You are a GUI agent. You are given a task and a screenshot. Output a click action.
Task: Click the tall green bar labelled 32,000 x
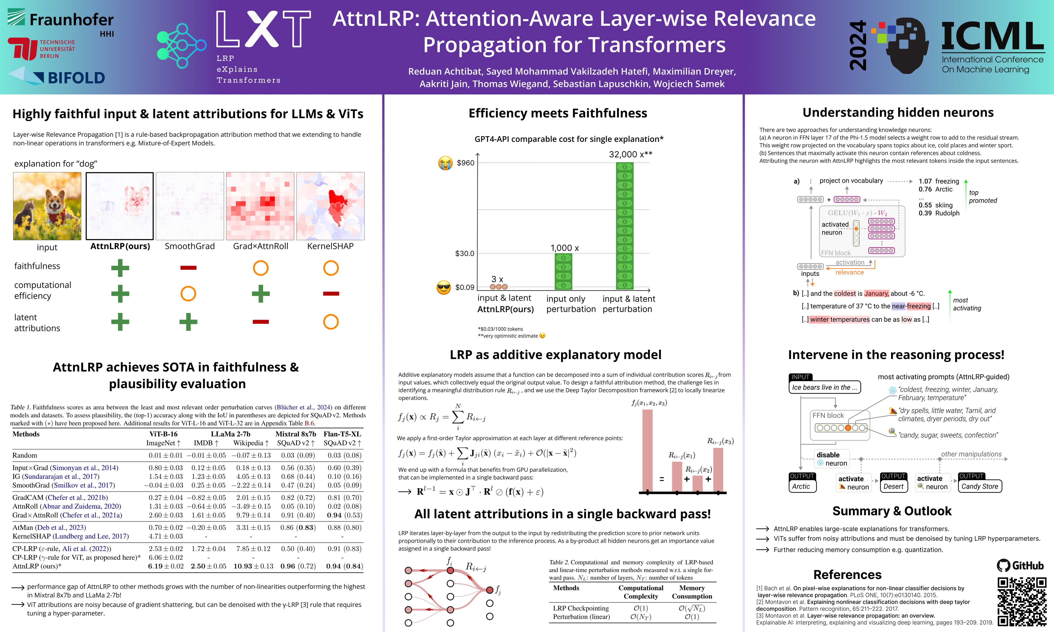[x=624, y=226]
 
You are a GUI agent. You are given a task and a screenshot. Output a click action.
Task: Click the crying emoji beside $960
[x=445, y=163]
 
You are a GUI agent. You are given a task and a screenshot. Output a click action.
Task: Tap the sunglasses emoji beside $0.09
[x=444, y=287]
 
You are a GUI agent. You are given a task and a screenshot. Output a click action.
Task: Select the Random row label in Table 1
[x=25, y=455]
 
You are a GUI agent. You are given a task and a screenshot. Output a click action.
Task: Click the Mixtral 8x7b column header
[x=296, y=434]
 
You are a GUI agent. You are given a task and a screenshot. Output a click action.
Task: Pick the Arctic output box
[x=802, y=486]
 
